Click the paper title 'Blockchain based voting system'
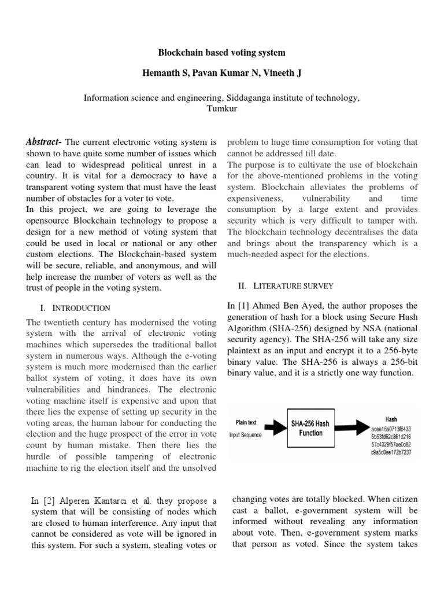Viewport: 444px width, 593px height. tap(222, 53)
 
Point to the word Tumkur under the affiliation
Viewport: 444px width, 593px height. tap(221, 108)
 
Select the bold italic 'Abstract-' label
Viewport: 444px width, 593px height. tap(45, 142)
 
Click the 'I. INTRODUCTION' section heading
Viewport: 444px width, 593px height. tap(75, 308)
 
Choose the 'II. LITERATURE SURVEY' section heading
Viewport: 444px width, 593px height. tap(286, 285)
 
